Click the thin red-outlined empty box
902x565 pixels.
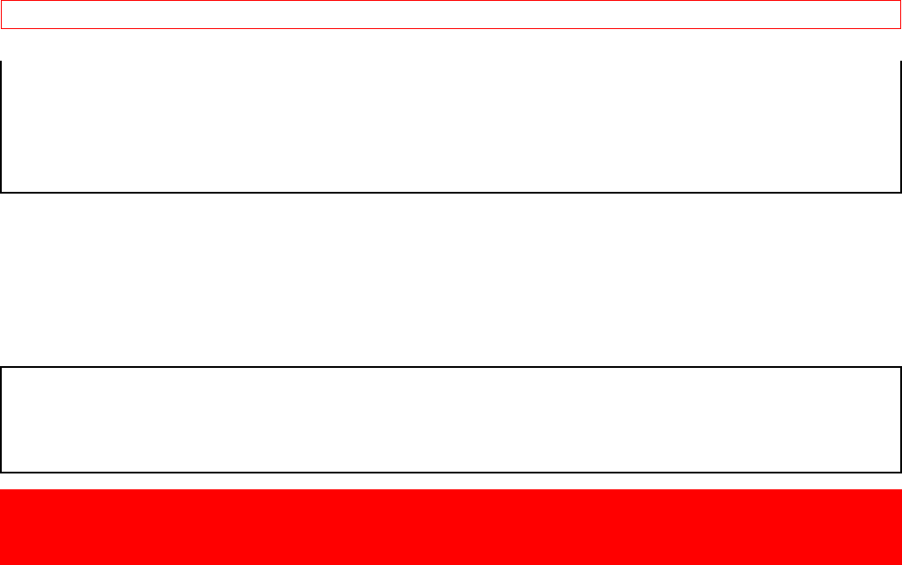[451, 15]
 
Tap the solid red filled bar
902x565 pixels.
[451, 526]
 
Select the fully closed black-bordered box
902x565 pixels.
[451, 420]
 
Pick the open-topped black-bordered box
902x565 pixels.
[451, 127]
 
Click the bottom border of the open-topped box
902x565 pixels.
[451, 192]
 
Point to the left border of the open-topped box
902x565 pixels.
[1, 127]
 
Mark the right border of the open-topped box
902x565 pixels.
[901, 127]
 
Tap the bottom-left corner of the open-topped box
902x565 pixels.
[1, 192]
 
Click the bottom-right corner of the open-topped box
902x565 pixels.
[901, 192]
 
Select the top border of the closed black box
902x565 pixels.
[451, 367]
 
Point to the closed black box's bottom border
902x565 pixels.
[451, 472]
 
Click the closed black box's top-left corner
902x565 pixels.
[1, 367]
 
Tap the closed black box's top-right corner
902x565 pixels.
[901, 367]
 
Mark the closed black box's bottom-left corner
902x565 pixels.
[1, 472]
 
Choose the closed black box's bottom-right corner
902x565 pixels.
[901, 472]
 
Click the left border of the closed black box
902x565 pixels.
[1, 420]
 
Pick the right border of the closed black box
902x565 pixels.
[901, 420]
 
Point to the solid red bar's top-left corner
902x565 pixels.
[1, 490]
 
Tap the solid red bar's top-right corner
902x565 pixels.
[901, 490]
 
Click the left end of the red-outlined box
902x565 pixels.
[1, 15]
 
